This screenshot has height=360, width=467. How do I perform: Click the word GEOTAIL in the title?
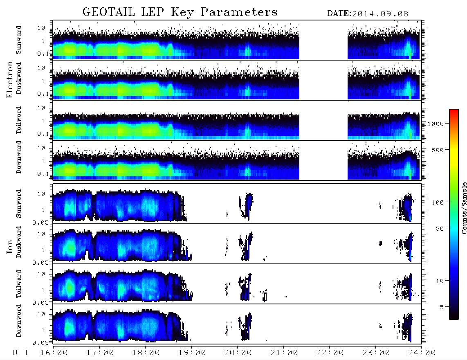pos(108,12)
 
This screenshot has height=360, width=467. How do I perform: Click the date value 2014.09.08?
pos(380,14)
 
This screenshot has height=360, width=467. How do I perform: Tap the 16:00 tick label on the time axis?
pos(54,353)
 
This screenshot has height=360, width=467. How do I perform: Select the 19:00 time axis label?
pos(192,353)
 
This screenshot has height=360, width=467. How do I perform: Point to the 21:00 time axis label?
pos(284,353)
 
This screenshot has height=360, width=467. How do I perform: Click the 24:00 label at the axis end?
pos(422,353)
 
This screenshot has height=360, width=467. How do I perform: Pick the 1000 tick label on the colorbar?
pos(436,124)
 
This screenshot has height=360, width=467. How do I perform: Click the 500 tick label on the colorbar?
pos(438,150)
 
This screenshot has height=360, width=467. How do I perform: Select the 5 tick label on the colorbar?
pos(442,307)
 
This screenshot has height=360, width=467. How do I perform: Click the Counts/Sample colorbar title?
pos(464,208)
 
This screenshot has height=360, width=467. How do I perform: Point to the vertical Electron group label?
pos(9,79)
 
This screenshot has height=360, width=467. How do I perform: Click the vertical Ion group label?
pos(9,247)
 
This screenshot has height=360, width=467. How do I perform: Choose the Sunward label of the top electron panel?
pos(19,40)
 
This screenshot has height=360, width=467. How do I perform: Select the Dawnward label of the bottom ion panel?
pos(19,321)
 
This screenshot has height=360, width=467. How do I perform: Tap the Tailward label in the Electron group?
pos(19,120)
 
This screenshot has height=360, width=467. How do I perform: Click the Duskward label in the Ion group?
pos(19,242)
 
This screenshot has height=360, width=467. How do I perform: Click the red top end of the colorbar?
pos(454,110)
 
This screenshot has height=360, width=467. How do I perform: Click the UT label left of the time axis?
pos(20,353)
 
